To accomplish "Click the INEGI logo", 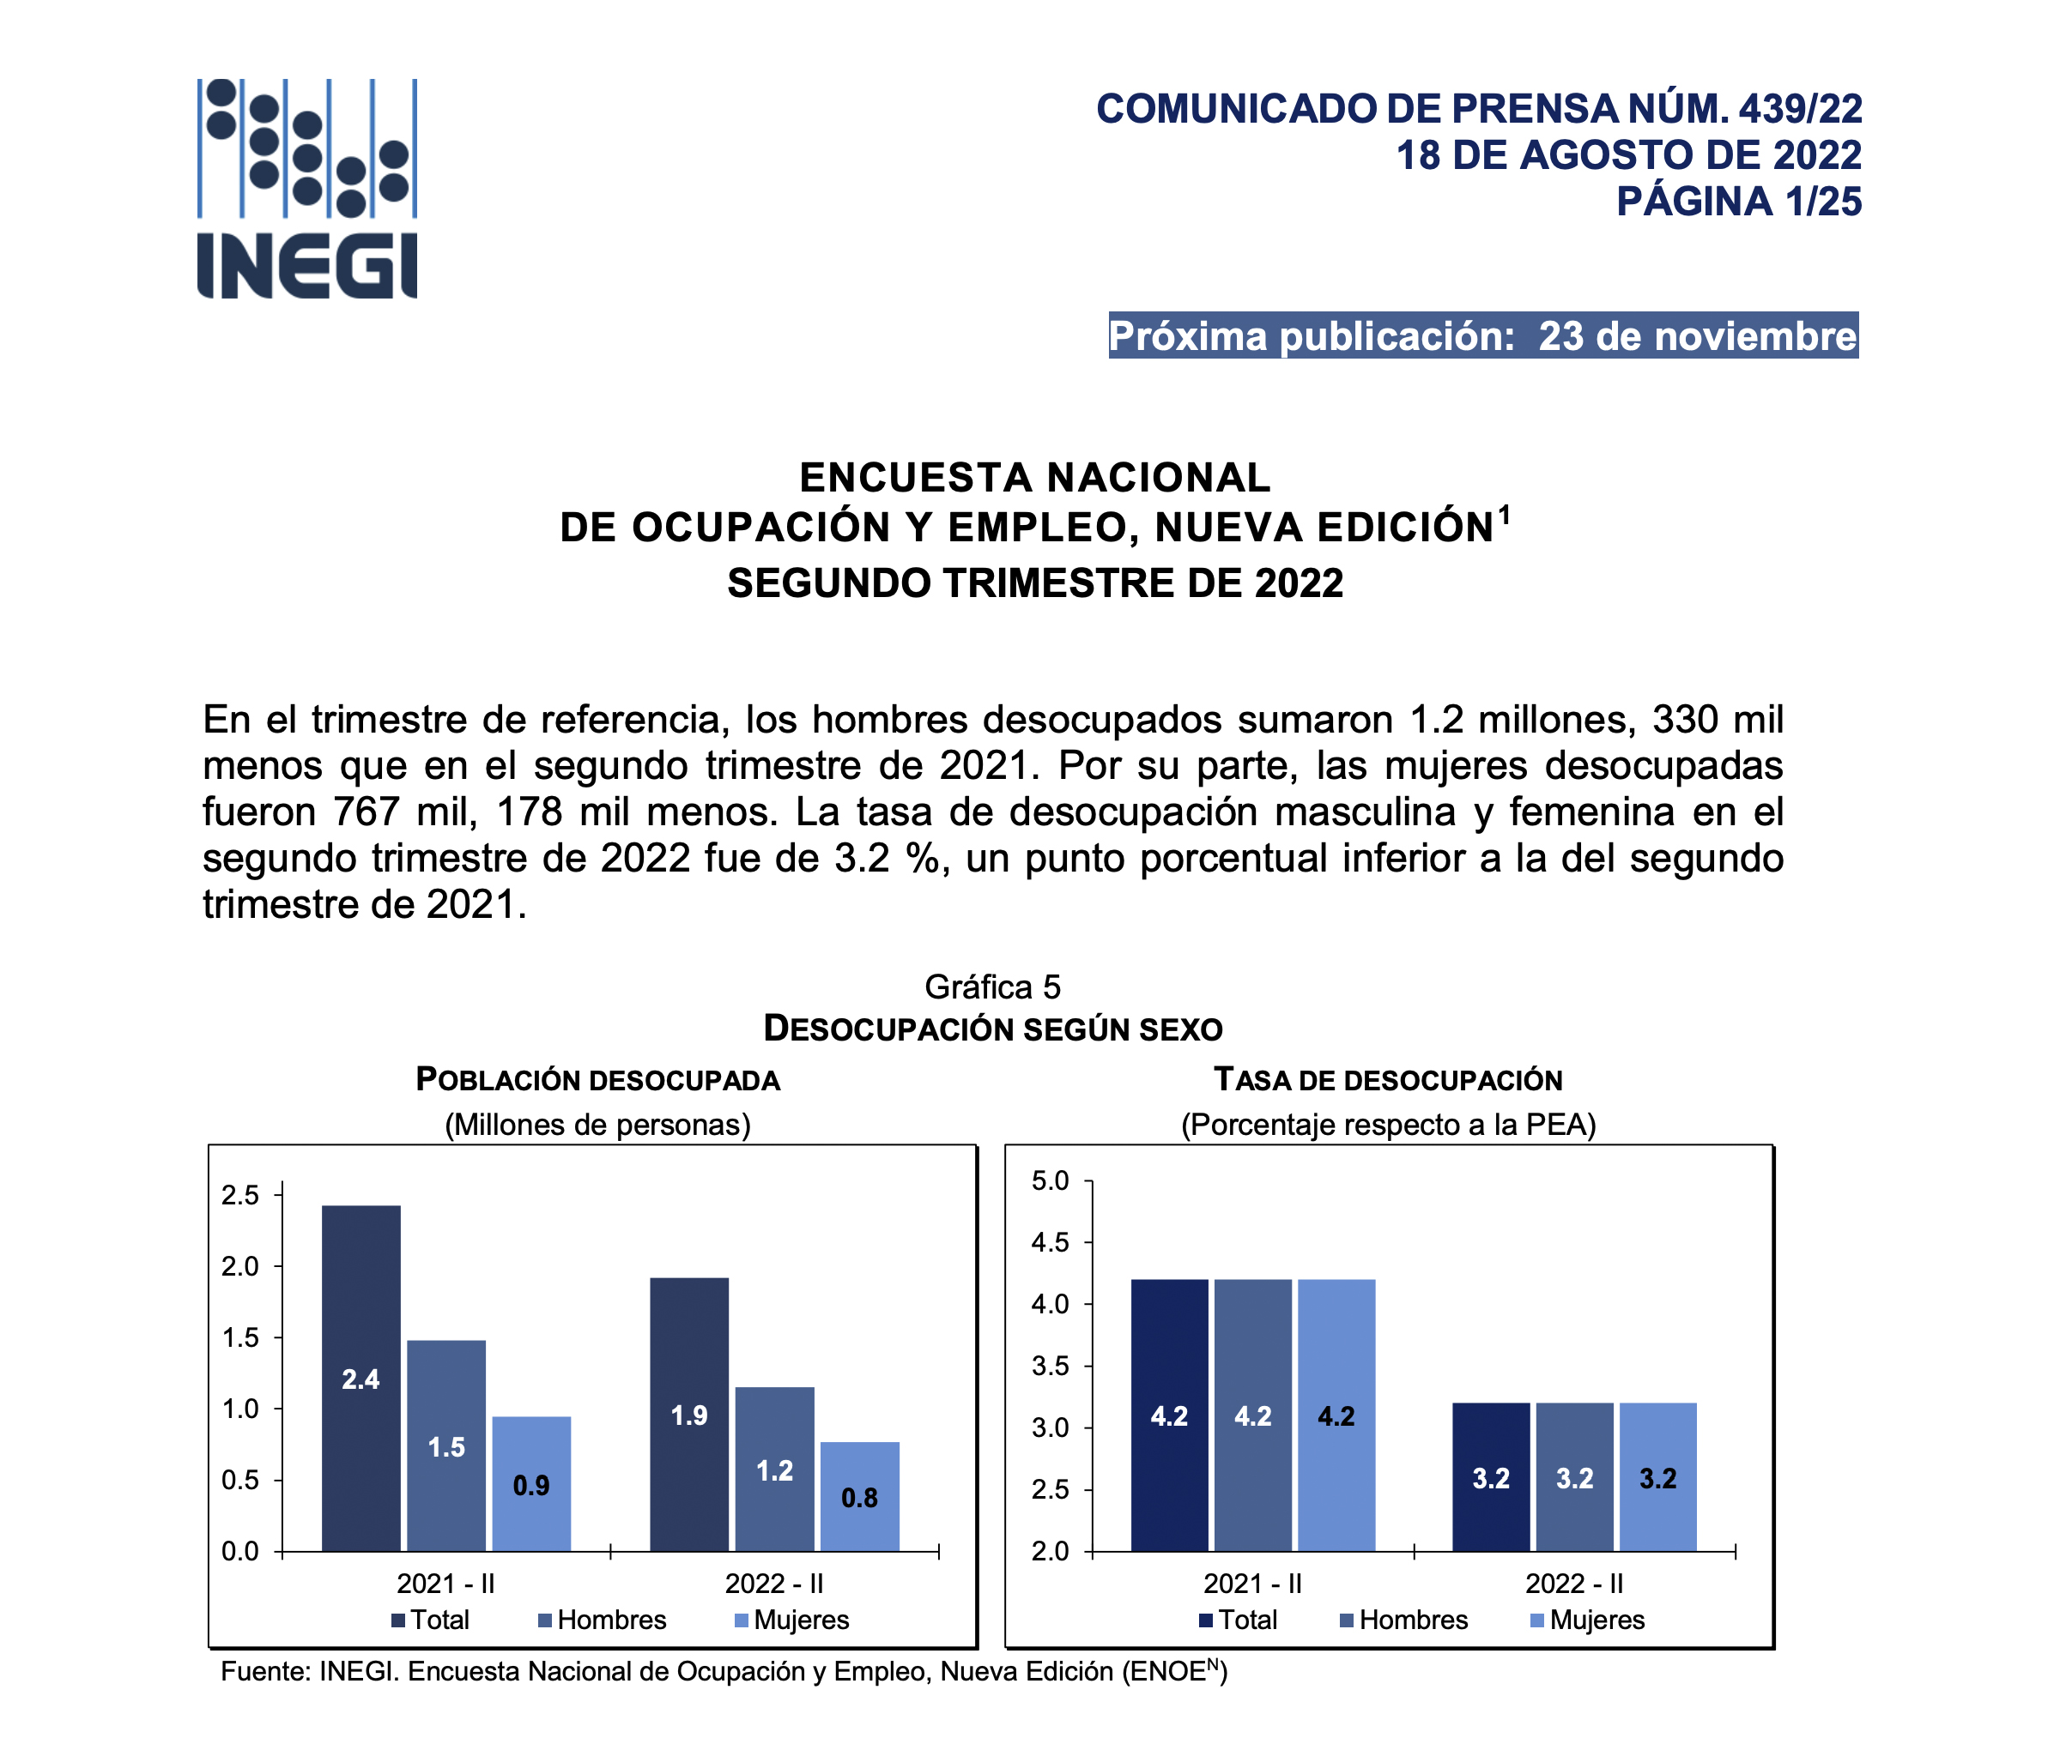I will coord(306,188).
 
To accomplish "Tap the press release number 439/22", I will coord(1800,109).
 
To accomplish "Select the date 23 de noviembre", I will coord(1697,336).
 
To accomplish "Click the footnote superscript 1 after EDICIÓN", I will coord(1504,514).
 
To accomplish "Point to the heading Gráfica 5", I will coord(992,987).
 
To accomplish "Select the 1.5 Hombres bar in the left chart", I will coord(446,1445).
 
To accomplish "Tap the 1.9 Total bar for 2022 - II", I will coord(689,1414).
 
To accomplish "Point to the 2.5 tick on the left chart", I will coord(240,1195).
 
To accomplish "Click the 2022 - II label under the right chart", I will coord(1574,1584).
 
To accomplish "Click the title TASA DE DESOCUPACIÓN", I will coord(1388,1080).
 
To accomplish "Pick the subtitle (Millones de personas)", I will coord(597,1125).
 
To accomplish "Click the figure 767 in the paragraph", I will coord(365,812).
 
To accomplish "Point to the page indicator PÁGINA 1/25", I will coord(1739,202).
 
